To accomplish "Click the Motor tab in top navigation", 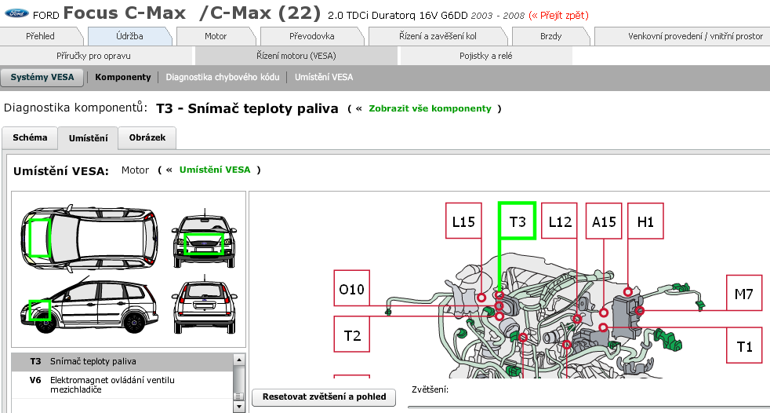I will coord(216,36).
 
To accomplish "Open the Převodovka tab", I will coord(311,36).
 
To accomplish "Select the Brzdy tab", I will coord(550,36).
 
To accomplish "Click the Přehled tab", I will coord(40,36).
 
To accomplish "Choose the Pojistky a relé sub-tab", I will coord(485,56).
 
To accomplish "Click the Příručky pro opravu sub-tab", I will coord(93,56).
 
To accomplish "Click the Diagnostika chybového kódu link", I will coord(222,77).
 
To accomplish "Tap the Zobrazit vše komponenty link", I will coord(430,108).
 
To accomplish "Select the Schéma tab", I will coord(30,137).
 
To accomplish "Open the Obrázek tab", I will coord(147,137).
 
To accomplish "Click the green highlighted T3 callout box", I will coord(518,221).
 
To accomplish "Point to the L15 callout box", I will coord(463,222).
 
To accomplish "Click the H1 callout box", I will coord(645,222).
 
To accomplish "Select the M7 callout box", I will coord(743,294).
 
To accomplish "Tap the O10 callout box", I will coord(352,290).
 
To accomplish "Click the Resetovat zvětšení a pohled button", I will coord(324,397).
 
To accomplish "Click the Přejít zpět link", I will coord(559,15).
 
